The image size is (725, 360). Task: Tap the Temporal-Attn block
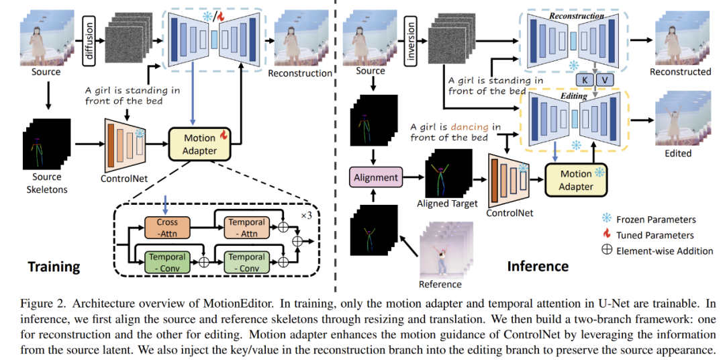point(247,227)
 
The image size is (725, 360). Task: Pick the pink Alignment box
point(375,178)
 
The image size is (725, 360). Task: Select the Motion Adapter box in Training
point(199,144)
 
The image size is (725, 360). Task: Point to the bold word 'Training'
point(54,267)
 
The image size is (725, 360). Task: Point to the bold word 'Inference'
point(537,266)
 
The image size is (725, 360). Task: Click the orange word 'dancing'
point(470,126)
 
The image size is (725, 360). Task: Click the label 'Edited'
point(678,153)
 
